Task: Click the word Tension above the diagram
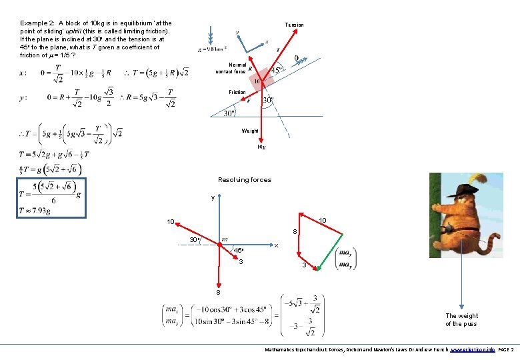(x=294, y=25)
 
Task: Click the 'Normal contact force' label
(x=230, y=68)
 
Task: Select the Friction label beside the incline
(x=237, y=92)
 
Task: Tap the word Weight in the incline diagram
(x=251, y=131)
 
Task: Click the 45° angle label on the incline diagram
(x=275, y=68)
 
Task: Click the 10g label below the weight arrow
(x=261, y=147)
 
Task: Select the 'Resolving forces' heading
(x=245, y=179)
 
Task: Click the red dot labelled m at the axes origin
(x=219, y=245)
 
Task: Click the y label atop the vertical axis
(x=213, y=197)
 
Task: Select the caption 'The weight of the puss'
(x=461, y=320)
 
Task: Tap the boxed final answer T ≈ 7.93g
(x=53, y=198)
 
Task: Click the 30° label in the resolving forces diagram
(x=193, y=239)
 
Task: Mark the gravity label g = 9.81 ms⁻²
(x=213, y=49)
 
